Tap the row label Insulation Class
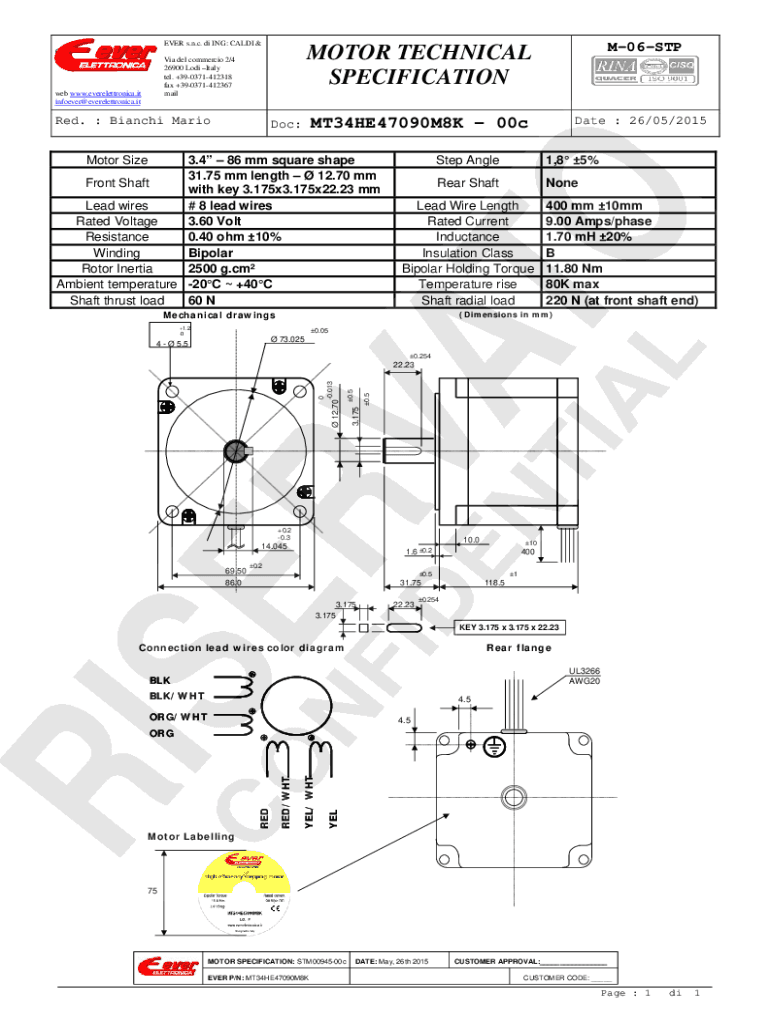point(467,253)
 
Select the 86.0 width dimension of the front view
point(233,583)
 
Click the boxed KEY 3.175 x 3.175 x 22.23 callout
point(510,628)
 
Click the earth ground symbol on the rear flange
point(491,746)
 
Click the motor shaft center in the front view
point(238,451)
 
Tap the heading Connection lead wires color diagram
point(241,647)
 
